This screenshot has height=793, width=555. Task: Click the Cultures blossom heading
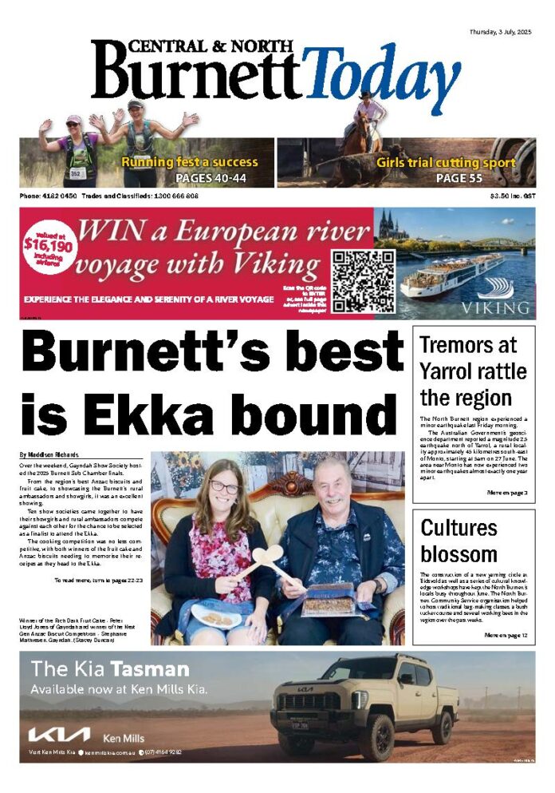(x=459, y=541)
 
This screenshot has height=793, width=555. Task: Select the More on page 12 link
(x=506, y=636)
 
